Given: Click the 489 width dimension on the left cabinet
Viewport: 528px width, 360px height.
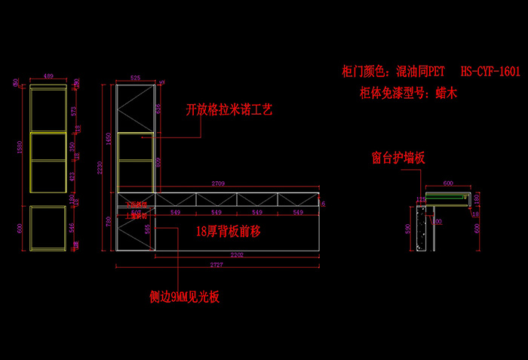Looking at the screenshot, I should (x=47, y=76).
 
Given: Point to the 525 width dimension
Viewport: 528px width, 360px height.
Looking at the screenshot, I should (x=136, y=76).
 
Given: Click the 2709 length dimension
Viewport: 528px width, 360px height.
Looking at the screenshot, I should (x=218, y=183).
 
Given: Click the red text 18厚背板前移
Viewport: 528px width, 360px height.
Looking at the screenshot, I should (x=227, y=232).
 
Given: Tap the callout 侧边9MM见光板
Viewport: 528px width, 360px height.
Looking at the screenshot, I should (x=184, y=297).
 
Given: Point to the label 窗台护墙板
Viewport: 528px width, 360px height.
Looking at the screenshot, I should (x=398, y=158).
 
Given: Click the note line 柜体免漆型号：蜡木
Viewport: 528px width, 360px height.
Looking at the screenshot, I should (x=410, y=94).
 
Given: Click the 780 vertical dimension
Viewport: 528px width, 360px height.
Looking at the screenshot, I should (x=109, y=220).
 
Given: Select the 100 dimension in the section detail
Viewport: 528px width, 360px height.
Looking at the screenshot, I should (x=437, y=221).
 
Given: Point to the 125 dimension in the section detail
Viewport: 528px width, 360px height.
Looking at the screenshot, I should (x=422, y=199).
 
